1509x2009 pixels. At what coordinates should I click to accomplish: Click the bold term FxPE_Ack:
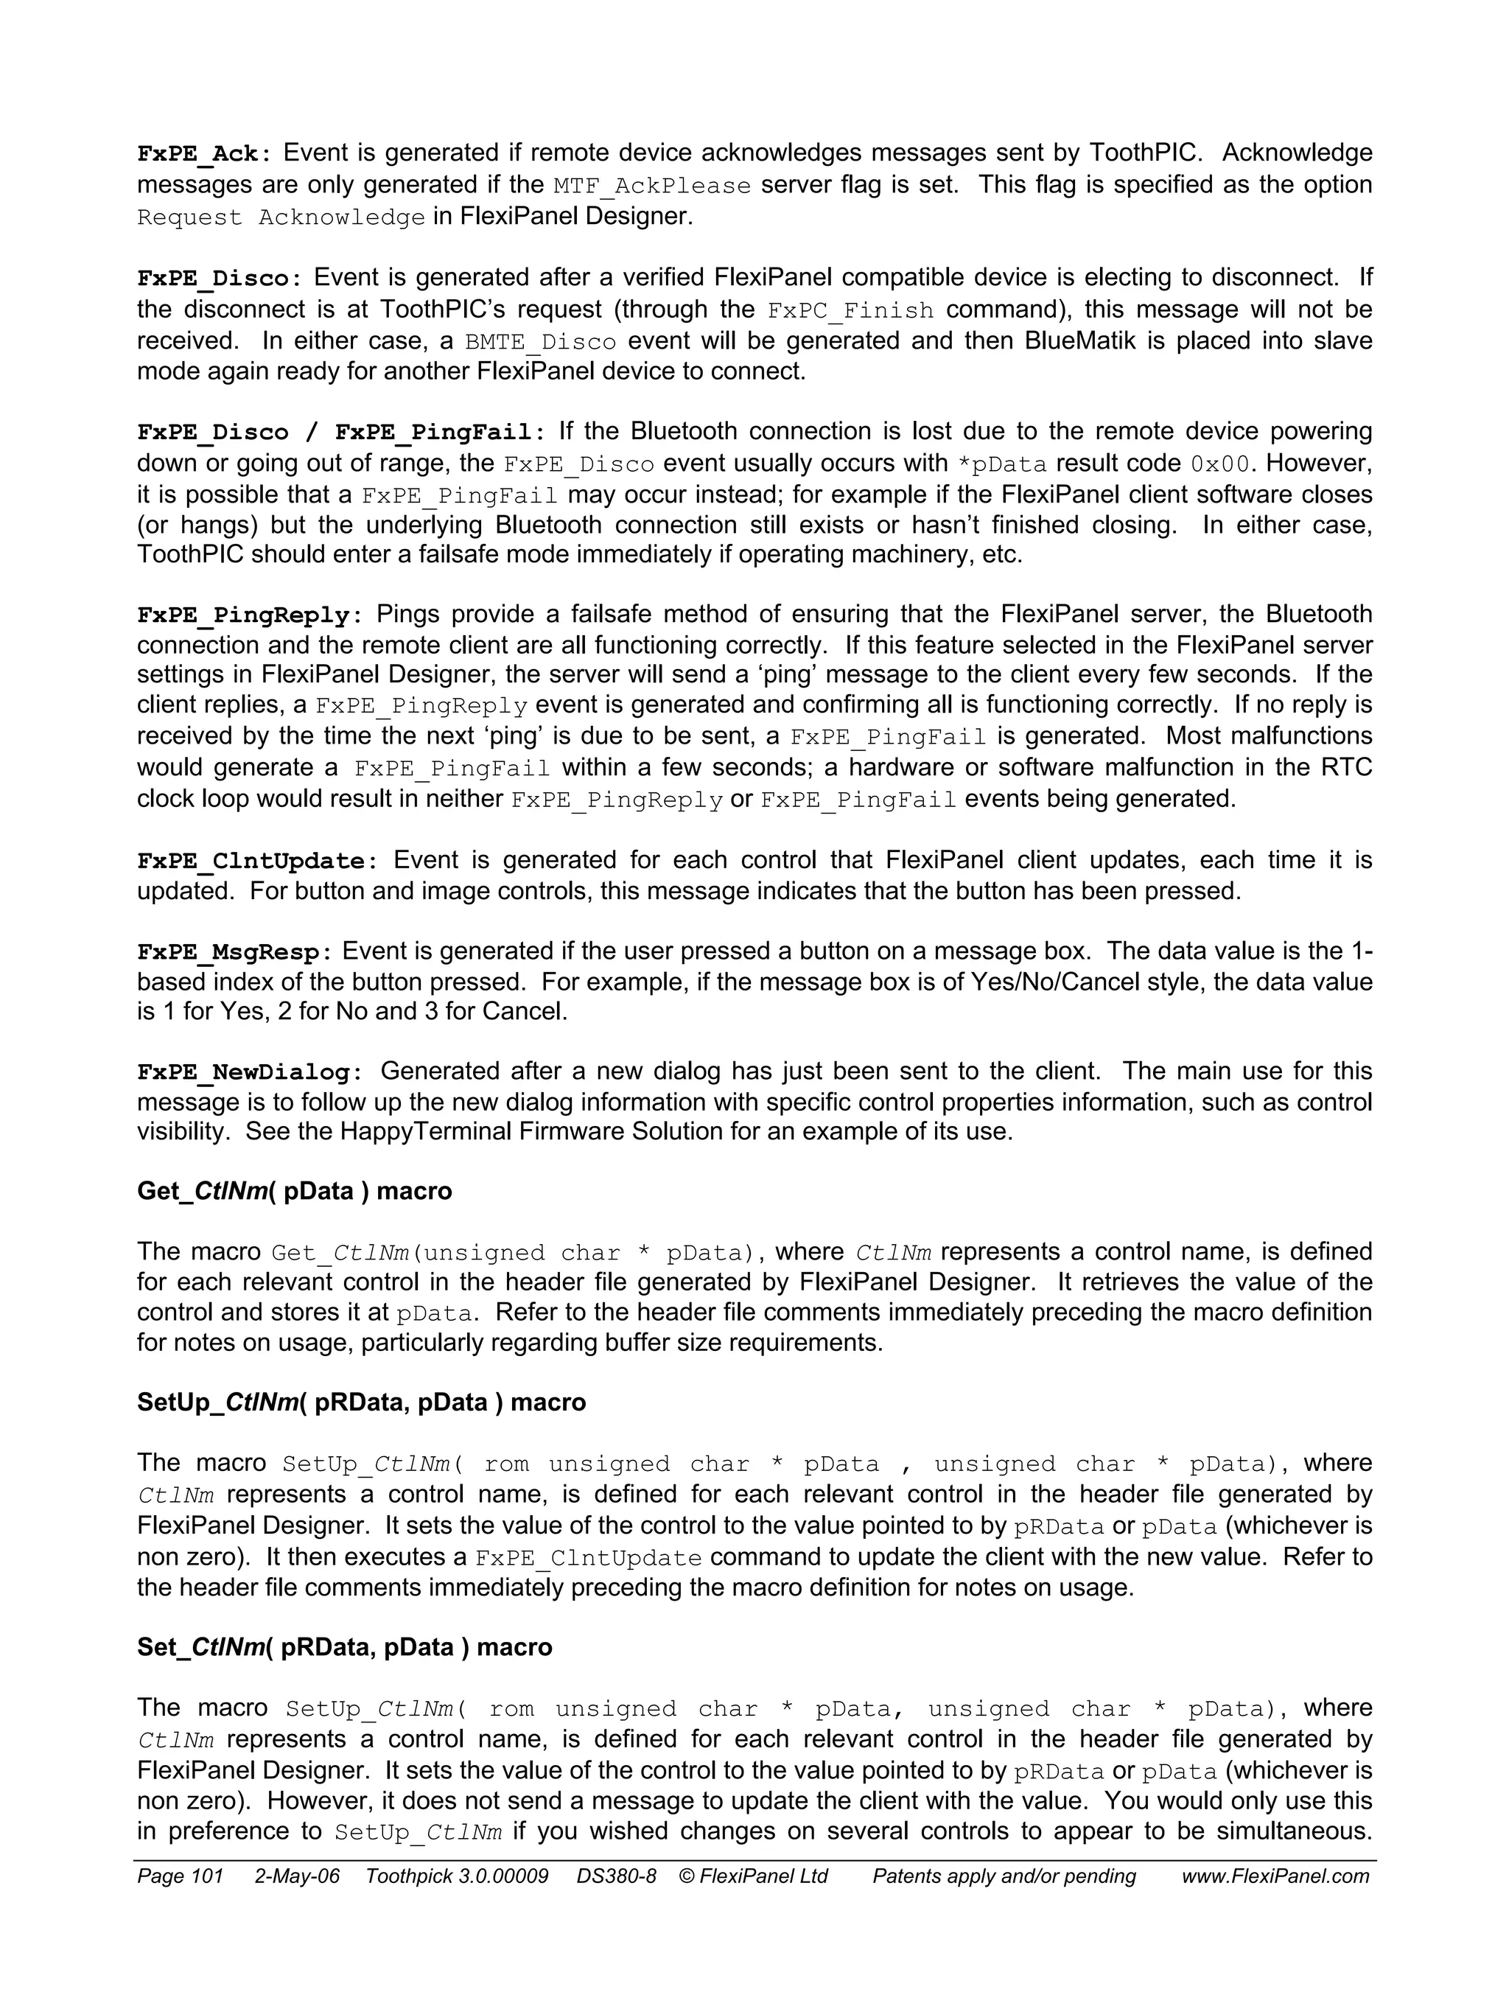pos(203,153)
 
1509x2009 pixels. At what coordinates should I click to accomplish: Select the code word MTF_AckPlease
pos(652,186)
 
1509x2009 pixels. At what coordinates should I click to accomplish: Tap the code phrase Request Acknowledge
pos(281,218)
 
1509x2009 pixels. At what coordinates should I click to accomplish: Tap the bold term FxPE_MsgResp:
pos(234,953)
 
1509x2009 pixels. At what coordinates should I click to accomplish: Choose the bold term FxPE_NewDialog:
pos(250,1072)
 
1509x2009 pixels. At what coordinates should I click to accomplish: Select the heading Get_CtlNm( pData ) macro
pos(294,1191)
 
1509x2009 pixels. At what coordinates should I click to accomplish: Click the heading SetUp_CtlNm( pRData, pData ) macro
pos(361,1402)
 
